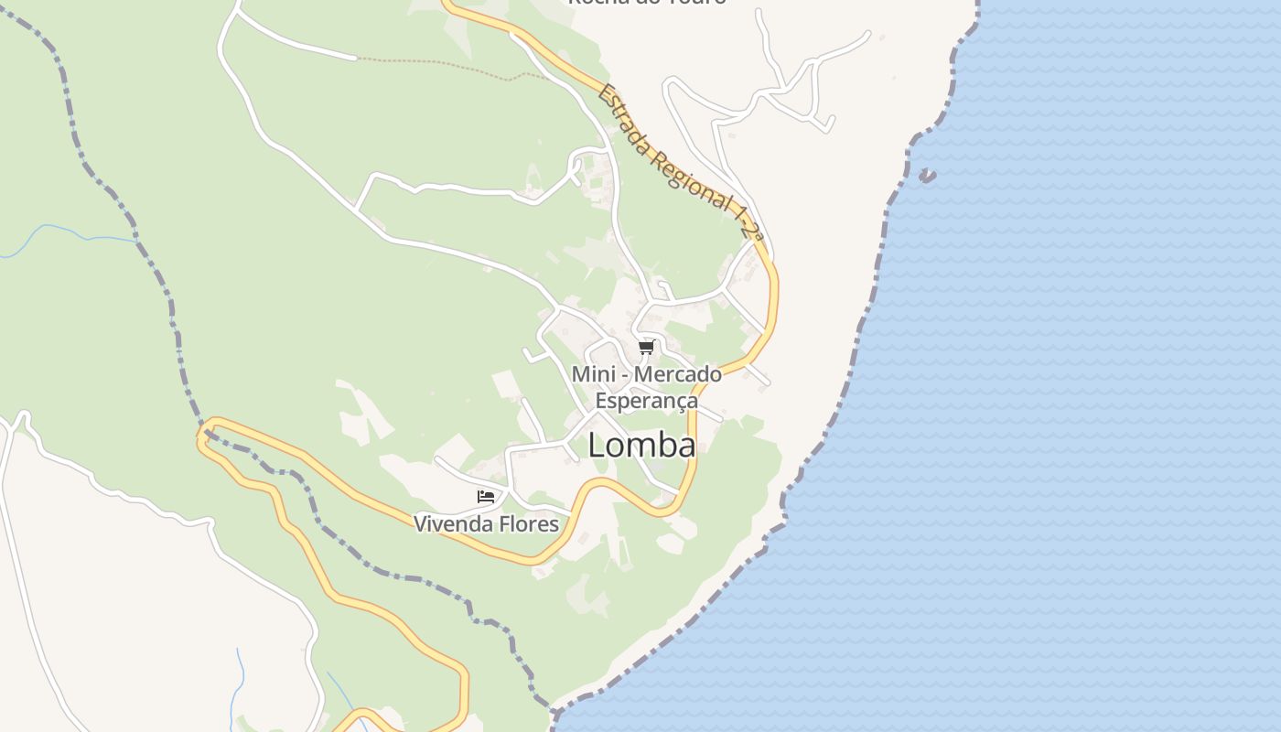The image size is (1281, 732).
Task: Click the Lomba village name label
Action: pyautogui.click(x=641, y=446)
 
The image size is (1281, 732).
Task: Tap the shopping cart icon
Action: pyautogui.click(x=647, y=347)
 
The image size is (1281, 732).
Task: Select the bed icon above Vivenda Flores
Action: pyautogui.click(x=486, y=497)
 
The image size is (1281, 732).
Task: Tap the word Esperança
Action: pyautogui.click(x=646, y=401)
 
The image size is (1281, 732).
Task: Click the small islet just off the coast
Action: pyautogui.click(x=928, y=176)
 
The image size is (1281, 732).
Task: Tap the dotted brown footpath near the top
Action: pyautogui.click(x=439, y=66)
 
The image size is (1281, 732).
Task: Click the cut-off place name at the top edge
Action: pyautogui.click(x=647, y=3)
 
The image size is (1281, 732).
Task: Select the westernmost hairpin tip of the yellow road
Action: pyautogui.click(x=202, y=436)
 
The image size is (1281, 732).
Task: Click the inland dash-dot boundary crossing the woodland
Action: pyautogui.click(x=137, y=238)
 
